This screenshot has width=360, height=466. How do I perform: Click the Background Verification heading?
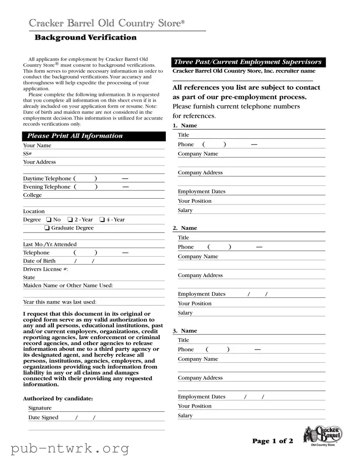point(85,38)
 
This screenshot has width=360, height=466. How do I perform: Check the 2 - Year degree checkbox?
point(70,220)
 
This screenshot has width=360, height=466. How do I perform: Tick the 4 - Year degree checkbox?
point(102,220)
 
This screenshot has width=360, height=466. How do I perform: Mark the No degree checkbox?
point(49,220)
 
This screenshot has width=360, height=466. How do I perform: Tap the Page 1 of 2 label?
point(272,441)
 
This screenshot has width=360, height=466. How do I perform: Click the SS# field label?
point(27,154)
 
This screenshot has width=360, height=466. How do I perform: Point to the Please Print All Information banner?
point(94,136)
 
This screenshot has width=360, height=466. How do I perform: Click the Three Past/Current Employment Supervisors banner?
point(248,62)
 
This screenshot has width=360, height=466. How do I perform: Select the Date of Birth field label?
point(39,261)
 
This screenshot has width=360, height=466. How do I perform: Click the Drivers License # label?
point(45,269)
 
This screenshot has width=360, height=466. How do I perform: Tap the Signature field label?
point(40,408)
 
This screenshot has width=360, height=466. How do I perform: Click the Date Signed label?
point(43,418)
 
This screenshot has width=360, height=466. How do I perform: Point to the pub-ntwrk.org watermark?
point(70,449)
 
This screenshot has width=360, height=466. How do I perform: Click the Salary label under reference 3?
point(185,416)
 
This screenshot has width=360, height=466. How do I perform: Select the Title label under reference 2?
point(184,238)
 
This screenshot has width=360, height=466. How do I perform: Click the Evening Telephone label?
point(47,187)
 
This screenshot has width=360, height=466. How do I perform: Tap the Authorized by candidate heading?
point(58,399)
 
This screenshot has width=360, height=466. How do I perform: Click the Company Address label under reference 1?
point(200,173)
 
